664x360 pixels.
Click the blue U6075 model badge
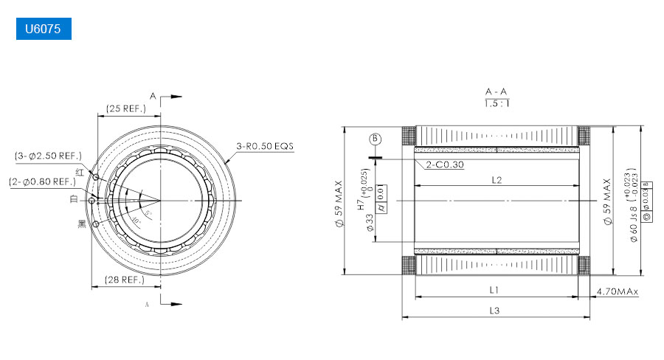(x=44, y=30)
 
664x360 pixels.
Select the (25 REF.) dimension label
(x=126, y=108)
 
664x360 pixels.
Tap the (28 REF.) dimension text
(x=123, y=280)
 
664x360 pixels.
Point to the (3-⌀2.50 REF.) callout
(x=49, y=156)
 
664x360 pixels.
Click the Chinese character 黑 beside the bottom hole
(x=82, y=224)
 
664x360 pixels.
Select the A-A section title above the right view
(x=496, y=91)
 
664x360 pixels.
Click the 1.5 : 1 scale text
(x=496, y=103)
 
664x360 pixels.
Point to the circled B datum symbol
(x=375, y=139)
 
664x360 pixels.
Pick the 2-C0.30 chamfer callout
(x=445, y=165)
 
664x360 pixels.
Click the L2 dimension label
(x=496, y=180)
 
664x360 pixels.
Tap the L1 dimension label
(x=494, y=290)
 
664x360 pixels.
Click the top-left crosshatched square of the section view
(x=409, y=136)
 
